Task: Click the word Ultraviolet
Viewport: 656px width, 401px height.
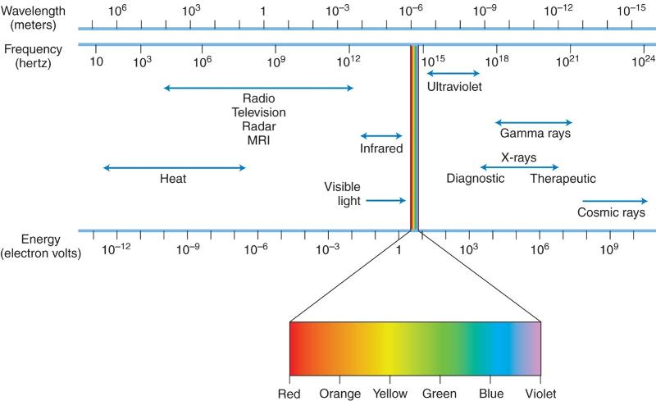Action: point(453,85)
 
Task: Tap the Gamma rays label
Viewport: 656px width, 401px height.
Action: point(535,133)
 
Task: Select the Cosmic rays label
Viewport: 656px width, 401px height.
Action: point(611,212)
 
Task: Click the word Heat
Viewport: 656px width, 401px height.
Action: point(173,179)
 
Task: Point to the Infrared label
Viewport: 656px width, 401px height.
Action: point(381,148)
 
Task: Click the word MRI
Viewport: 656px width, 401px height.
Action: point(258,140)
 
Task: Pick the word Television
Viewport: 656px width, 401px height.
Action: point(258,112)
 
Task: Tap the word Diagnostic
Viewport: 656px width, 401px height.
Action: point(476,179)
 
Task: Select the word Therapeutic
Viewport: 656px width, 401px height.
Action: point(563,179)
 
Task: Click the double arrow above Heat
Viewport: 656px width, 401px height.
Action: point(174,167)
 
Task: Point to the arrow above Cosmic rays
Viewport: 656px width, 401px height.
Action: point(614,200)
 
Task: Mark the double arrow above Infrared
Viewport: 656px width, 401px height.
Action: point(381,136)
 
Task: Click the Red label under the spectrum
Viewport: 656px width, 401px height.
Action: point(289,393)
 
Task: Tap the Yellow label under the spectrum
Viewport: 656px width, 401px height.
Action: point(389,393)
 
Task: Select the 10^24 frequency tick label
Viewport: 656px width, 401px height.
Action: point(643,62)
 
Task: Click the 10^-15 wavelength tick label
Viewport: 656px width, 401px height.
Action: point(631,11)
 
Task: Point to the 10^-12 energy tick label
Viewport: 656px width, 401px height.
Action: point(116,248)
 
